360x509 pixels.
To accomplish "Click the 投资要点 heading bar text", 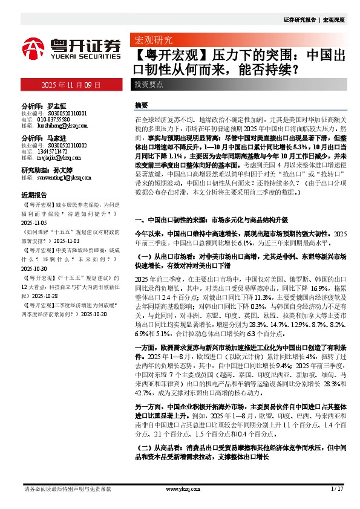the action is tap(149, 85).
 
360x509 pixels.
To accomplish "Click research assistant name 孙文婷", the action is tap(64, 171).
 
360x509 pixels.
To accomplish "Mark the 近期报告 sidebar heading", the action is tap(34, 195).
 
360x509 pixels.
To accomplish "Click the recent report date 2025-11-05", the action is tap(34, 222).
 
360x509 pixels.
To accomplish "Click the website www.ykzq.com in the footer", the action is tap(180, 488).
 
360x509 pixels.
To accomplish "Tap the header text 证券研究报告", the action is tap(299, 20).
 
